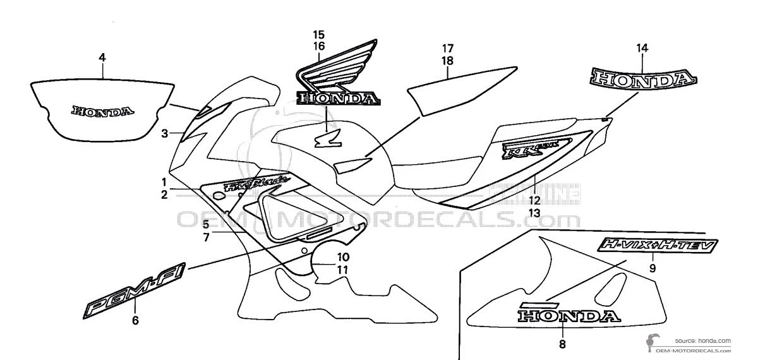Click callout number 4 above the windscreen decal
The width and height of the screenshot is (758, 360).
pos(102,57)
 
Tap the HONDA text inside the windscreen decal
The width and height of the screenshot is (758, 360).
pos(103,111)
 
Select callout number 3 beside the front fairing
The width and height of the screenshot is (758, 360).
pos(164,133)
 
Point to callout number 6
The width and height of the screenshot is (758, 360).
pos(135,321)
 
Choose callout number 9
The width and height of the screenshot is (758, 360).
pos(653,268)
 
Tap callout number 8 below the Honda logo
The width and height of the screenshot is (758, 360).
pos(562,344)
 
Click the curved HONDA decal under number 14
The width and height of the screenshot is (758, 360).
pos(644,78)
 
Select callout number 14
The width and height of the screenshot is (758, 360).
pos(642,48)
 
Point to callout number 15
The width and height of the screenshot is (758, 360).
pos(318,33)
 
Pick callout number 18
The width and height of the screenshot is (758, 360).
pos(447,61)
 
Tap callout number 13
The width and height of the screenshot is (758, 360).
pos(534,213)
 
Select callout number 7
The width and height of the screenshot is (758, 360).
pos(206,238)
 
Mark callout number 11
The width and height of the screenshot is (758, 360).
pos(343,270)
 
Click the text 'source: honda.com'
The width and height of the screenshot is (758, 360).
pos(702,340)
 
